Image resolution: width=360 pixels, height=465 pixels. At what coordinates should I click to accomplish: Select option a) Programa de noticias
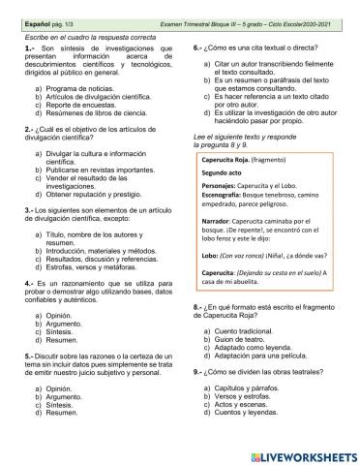click(x=76, y=87)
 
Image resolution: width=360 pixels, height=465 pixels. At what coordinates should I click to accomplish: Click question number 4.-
click(x=30, y=282)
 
